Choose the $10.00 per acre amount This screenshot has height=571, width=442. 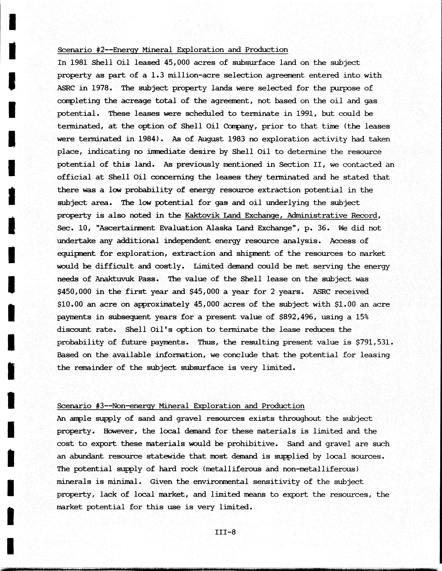[70, 304]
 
